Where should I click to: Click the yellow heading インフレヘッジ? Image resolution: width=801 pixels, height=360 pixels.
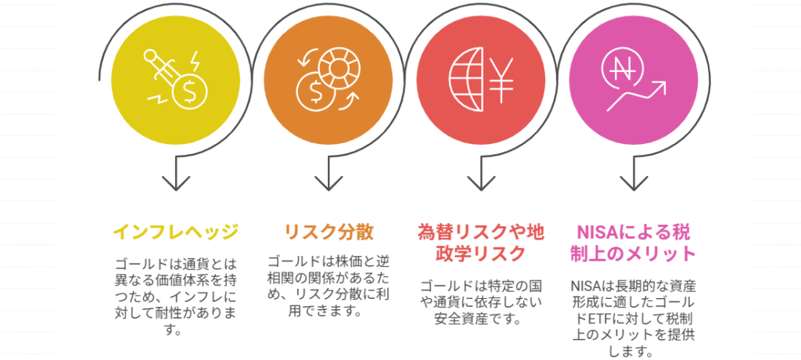click(x=175, y=232)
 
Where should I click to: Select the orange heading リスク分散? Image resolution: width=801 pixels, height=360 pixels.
click(x=329, y=232)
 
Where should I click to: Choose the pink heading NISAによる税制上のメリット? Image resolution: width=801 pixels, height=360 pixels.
click(x=635, y=243)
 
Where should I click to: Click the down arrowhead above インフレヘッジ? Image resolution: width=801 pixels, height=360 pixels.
click(x=175, y=183)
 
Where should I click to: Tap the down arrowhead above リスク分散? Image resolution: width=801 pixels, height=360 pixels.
click(x=329, y=183)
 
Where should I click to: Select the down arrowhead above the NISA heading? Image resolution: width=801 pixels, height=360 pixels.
click(x=635, y=183)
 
